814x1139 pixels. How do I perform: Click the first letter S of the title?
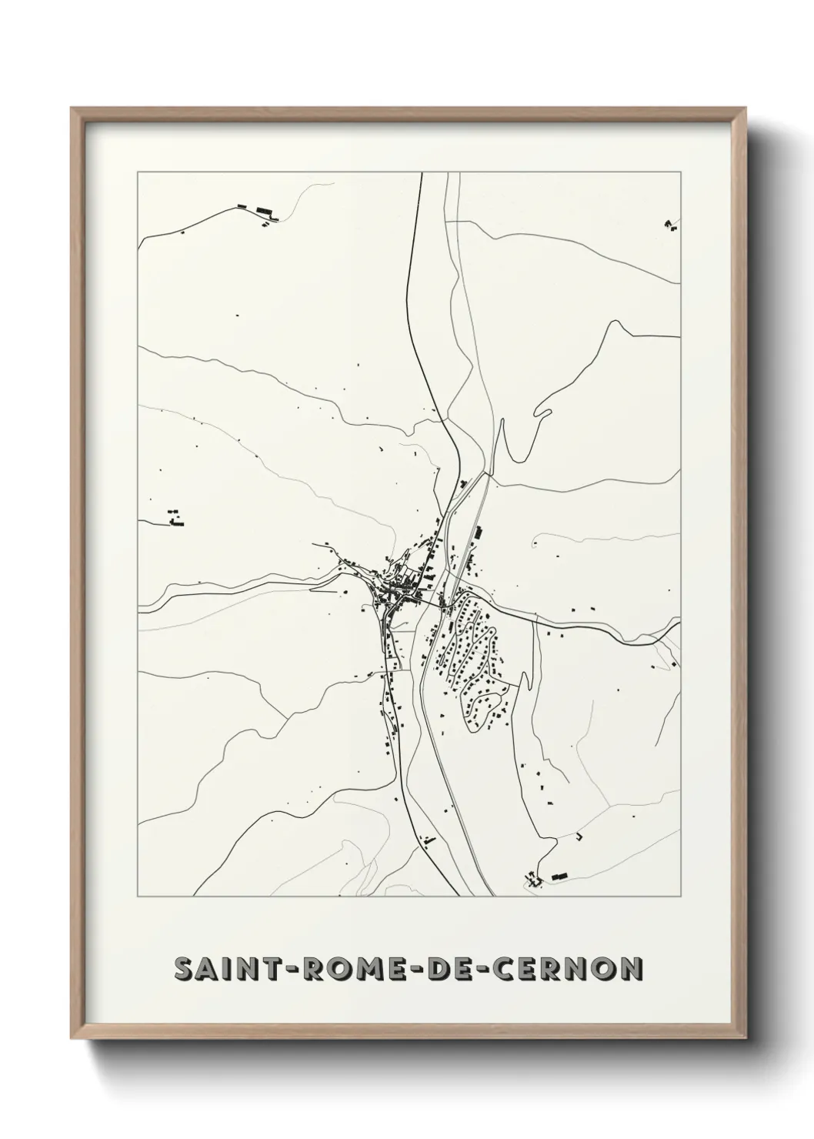[185, 970]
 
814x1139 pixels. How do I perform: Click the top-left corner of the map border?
[138, 172]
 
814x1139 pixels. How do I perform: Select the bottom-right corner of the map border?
[680, 897]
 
